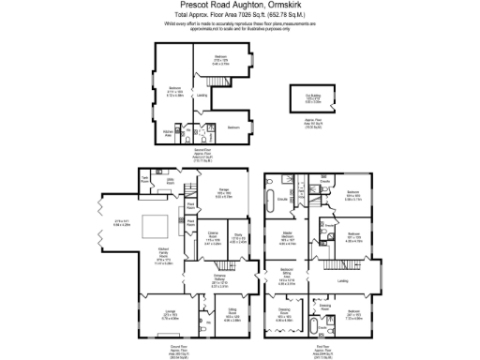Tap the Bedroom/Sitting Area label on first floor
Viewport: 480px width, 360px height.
click(287, 278)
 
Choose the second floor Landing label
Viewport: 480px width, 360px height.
click(202, 95)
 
